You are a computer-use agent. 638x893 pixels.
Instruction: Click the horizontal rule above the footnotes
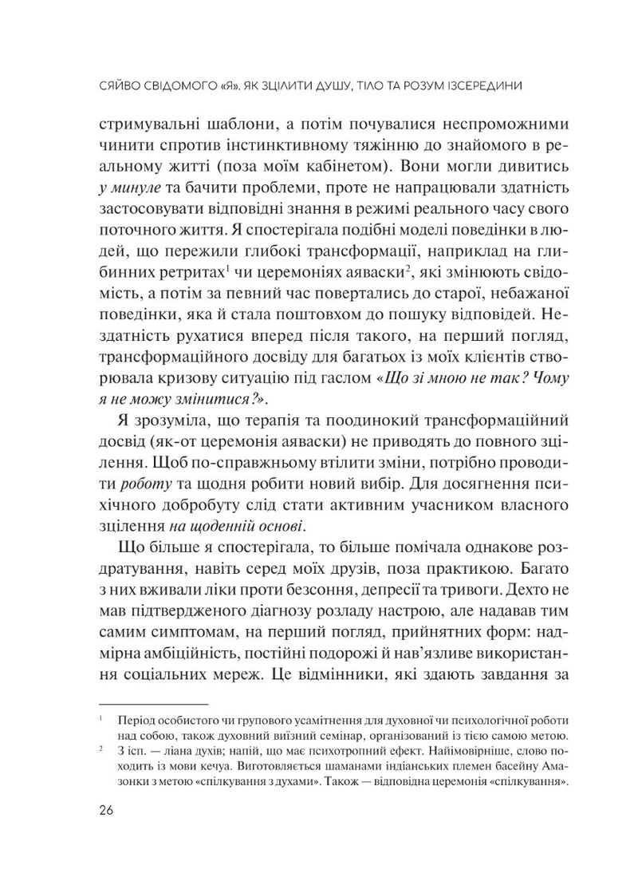(151, 705)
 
